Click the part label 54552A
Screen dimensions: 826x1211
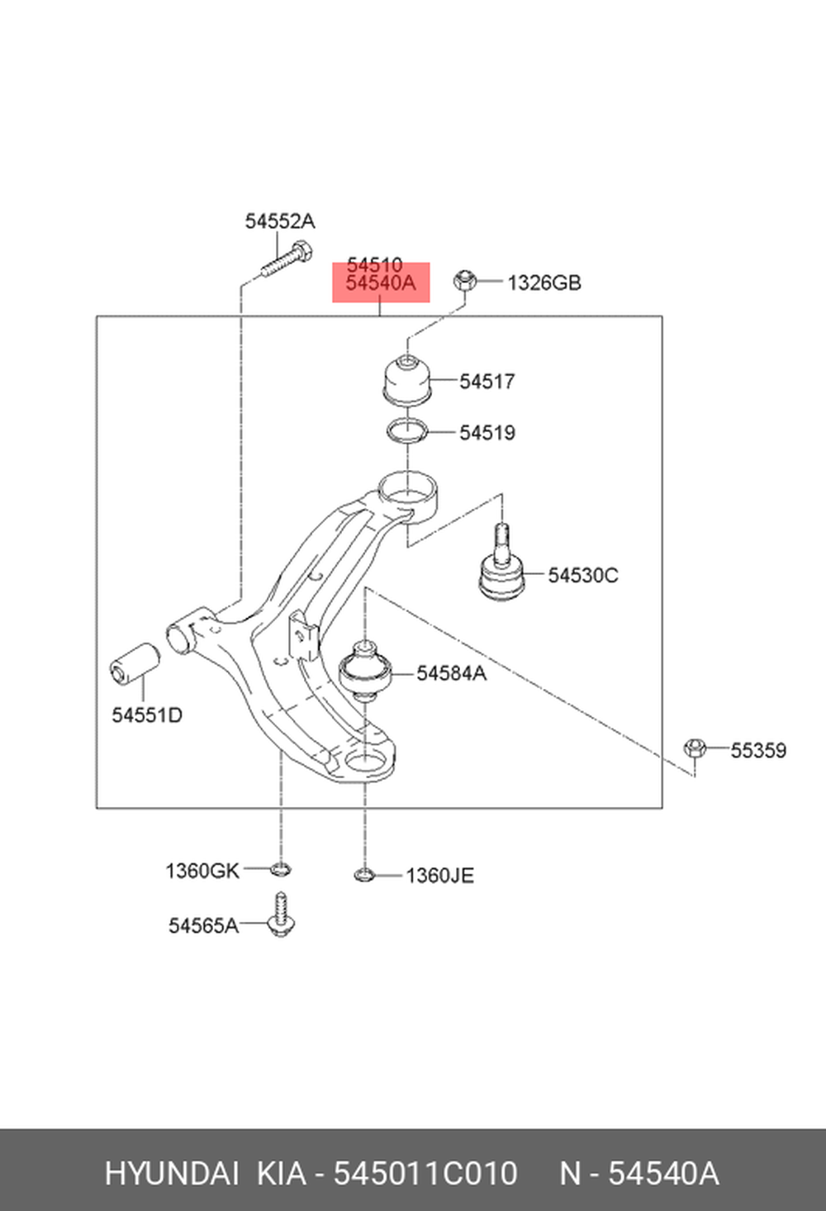280,221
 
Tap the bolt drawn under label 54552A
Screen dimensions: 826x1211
287,259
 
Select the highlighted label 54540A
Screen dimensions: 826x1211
381,283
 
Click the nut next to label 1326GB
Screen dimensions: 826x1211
464,280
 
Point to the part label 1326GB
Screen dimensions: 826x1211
544,283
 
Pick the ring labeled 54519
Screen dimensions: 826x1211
407,432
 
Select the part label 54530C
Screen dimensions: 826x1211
582,575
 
